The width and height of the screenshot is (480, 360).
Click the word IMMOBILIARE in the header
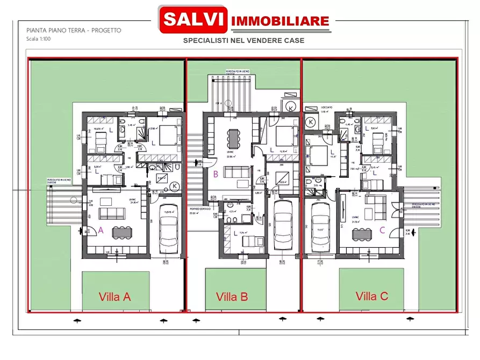click(280, 21)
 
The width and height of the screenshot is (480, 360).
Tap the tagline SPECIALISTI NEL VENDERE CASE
click(243, 40)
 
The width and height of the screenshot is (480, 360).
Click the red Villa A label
click(114, 296)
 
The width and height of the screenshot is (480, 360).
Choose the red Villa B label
click(232, 296)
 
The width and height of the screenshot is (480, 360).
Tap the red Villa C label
click(372, 296)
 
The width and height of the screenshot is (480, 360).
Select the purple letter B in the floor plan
click(215, 174)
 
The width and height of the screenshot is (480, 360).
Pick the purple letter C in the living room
click(382, 230)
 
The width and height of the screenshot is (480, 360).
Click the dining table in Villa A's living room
click(121, 232)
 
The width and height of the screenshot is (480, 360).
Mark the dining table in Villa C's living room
click(362, 234)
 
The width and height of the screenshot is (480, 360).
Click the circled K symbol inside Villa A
click(175, 186)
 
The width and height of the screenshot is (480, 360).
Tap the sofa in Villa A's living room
click(112, 213)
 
